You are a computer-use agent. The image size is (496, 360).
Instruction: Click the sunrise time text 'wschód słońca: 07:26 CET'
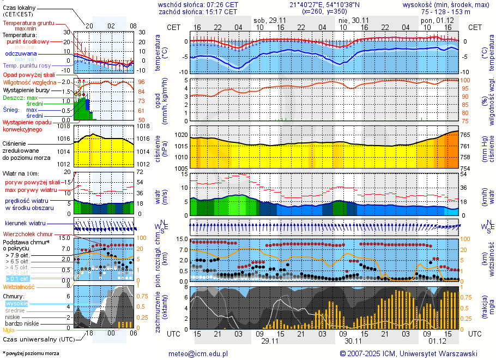198,4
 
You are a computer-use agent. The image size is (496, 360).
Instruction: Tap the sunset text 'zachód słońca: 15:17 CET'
198,11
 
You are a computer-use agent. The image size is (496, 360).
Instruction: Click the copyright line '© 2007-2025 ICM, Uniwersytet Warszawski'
408,353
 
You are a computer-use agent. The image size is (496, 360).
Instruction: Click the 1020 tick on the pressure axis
181,135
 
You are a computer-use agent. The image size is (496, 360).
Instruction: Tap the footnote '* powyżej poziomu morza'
31,353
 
